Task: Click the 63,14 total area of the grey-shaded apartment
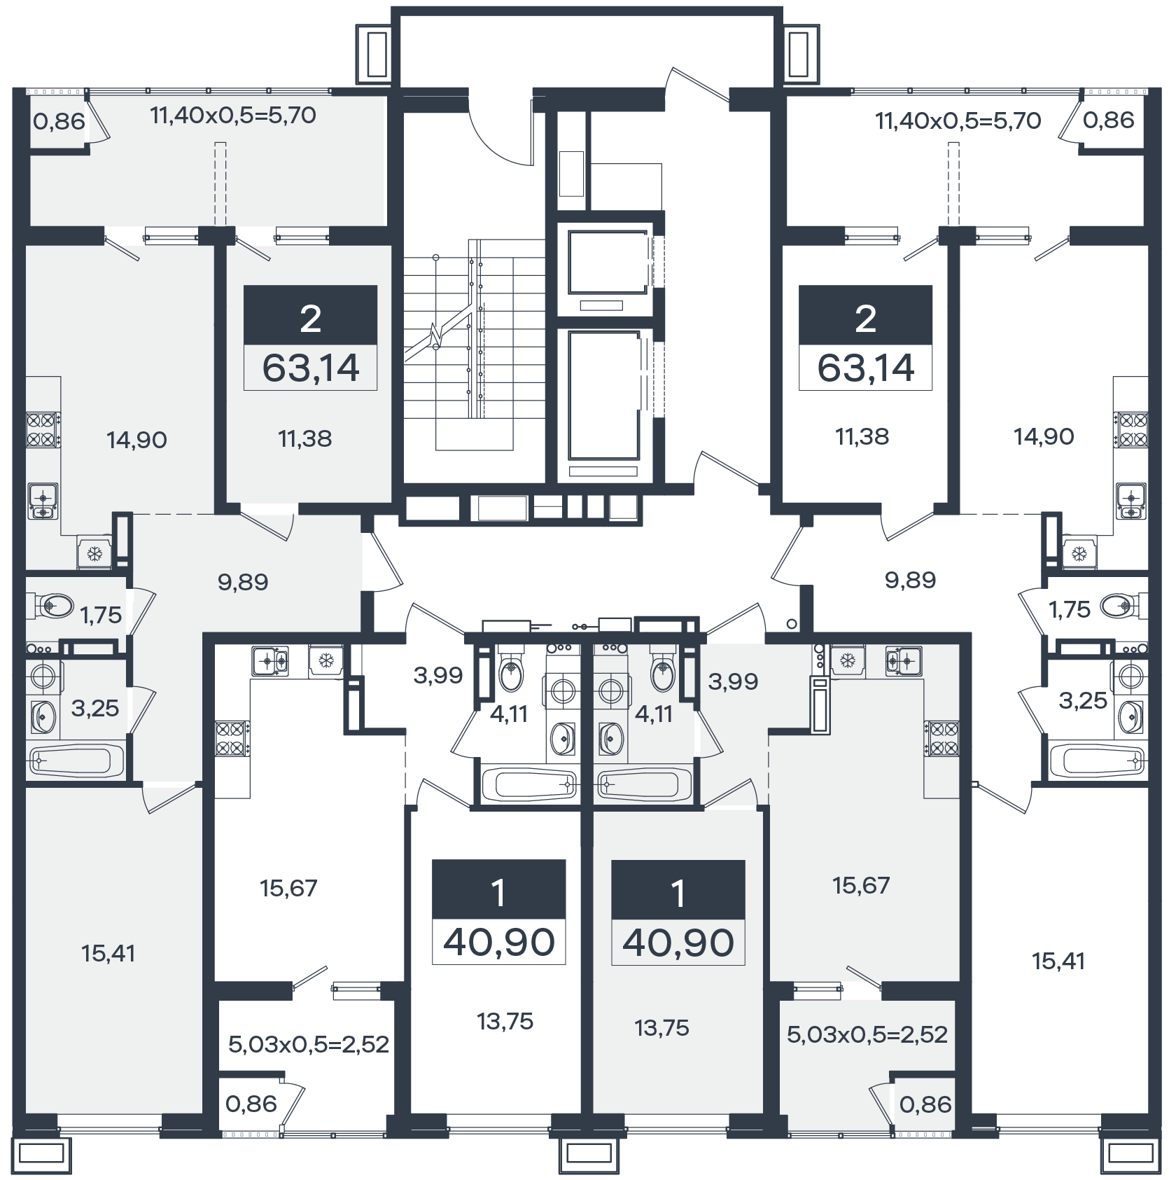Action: pos(310,368)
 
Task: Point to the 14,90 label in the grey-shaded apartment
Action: pos(136,440)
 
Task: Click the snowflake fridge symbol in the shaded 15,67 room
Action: pos(848,660)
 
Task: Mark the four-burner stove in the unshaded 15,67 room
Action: pos(232,739)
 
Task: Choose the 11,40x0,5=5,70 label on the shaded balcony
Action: pos(233,115)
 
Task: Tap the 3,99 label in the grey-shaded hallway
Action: pos(733,681)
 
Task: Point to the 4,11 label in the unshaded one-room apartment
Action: pos(509,714)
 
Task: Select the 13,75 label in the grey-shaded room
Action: pos(662,1028)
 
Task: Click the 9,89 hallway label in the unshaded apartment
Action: pos(910,580)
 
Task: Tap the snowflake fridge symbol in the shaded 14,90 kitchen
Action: pos(94,554)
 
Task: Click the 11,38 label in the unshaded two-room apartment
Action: pos(862,436)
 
